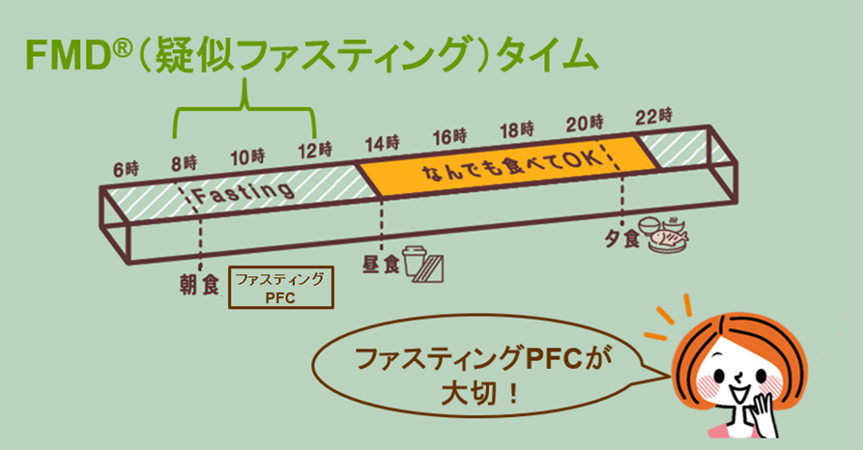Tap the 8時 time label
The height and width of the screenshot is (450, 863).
(x=185, y=160)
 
